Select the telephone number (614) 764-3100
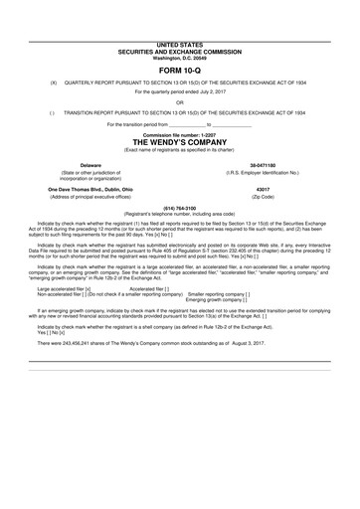click(x=180, y=209)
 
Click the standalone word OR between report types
click(x=180, y=100)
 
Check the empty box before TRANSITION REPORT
click(x=40, y=112)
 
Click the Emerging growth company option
click(x=220, y=300)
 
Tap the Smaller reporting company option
click(x=219, y=294)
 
